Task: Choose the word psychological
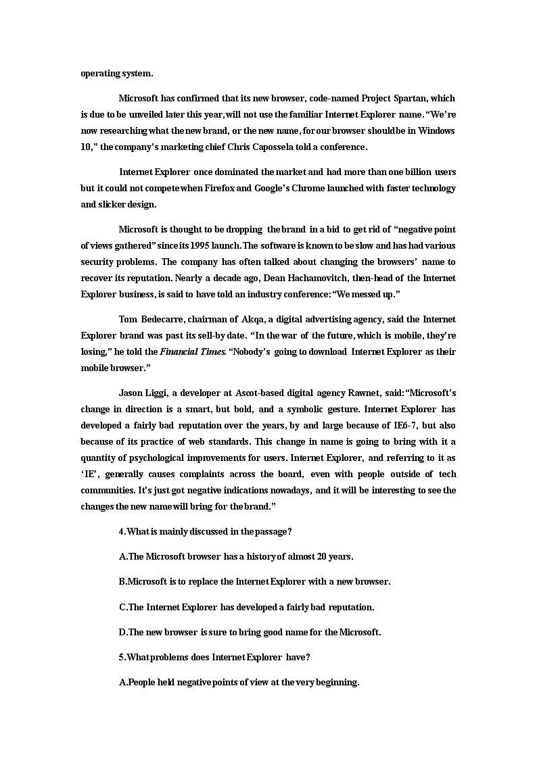[x=157, y=458]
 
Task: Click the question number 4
[x=122, y=532]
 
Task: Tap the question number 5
[x=122, y=657]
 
